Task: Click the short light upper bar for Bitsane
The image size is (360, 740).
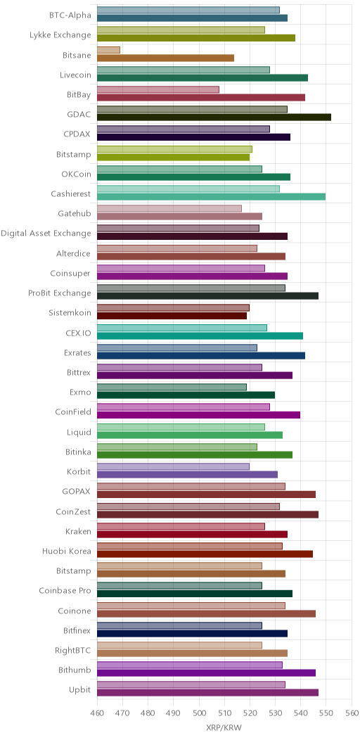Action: [108, 50]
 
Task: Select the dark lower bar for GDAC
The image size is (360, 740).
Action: [214, 117]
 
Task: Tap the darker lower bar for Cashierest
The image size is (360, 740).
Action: [212, 197]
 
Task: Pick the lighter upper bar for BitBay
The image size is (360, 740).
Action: [158, 89]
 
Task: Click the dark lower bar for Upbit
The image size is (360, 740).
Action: [207, 693]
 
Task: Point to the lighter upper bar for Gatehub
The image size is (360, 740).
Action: [169, 209]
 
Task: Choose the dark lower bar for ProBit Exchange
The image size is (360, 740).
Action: [207, 296]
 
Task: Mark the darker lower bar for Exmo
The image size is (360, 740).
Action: [186, 395]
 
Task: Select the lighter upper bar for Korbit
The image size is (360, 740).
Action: [173, 467]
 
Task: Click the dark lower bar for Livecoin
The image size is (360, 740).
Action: [202, 78]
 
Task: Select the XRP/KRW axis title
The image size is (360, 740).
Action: [224, 728]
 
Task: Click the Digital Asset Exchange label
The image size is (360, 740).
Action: [46, 233]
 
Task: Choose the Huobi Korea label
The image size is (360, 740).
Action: [67, 551]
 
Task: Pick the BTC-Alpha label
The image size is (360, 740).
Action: [70, 15]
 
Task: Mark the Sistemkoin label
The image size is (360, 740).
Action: [70, 312]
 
